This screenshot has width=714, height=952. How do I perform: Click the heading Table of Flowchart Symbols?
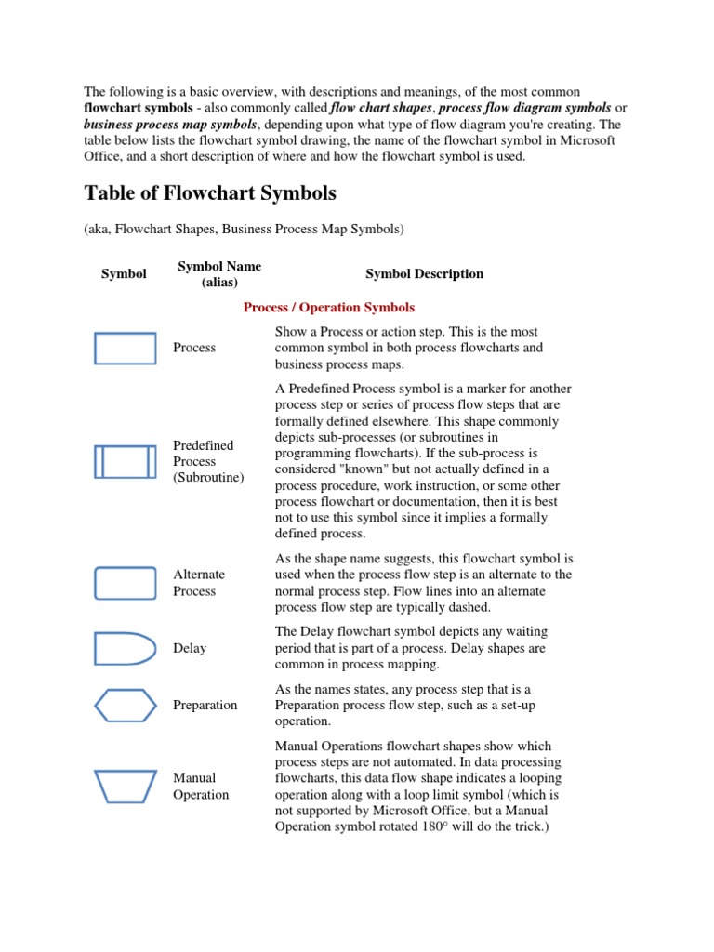click(x=210, y=193)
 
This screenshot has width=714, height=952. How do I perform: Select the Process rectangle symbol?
click(x=125, y=348)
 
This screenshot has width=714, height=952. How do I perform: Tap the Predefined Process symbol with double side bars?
click(x=125, y=461)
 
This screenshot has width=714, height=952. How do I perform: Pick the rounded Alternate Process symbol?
click(x=125, y=583)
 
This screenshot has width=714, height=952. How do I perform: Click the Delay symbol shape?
click(x=125, y=648)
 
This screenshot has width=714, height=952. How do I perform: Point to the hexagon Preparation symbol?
click(x=125, y=705)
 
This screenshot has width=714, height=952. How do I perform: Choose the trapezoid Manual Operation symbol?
click(x=125, y=786)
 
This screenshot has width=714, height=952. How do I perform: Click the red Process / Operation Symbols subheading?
click(x=329, y=307)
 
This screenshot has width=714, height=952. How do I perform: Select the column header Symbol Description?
click(x=424, y=273)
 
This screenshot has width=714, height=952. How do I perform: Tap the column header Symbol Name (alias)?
click(x=219, y=273)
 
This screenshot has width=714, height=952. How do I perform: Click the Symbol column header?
click(x=124, y=273)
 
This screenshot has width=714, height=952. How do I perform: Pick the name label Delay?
click(x=190, y=648)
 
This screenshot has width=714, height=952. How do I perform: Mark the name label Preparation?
click(x=205, y=705)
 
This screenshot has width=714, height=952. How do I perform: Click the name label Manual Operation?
click(x=201, y=786)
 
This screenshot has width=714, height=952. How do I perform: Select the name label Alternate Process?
click(x=199, y=583)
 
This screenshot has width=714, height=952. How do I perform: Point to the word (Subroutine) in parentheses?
click(x=208, y=478)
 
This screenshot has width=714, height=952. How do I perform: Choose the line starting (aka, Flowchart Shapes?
click(x=245, y=229)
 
